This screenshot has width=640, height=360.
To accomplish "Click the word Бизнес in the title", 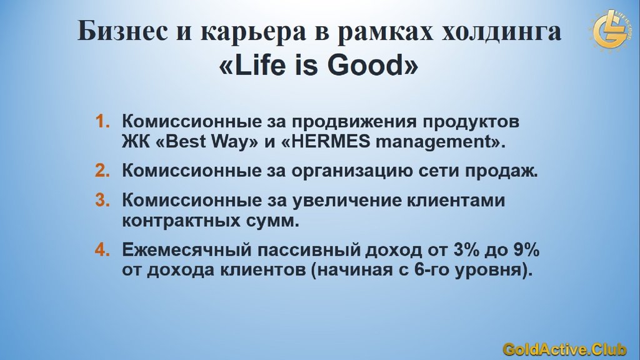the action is (x=122, y=31).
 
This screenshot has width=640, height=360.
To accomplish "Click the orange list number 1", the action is (x=102, y=121).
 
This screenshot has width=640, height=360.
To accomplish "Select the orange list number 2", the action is (x=102, y=171).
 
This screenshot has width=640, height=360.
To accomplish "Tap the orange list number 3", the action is (x=102, y=200).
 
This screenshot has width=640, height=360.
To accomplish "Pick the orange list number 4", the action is (x=102, y=249).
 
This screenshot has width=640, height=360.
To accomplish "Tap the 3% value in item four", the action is (x=466, y=249).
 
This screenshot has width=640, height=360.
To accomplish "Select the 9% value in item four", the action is (x=526, y=249).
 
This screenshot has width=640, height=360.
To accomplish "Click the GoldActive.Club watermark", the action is (x=564, y=349).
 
